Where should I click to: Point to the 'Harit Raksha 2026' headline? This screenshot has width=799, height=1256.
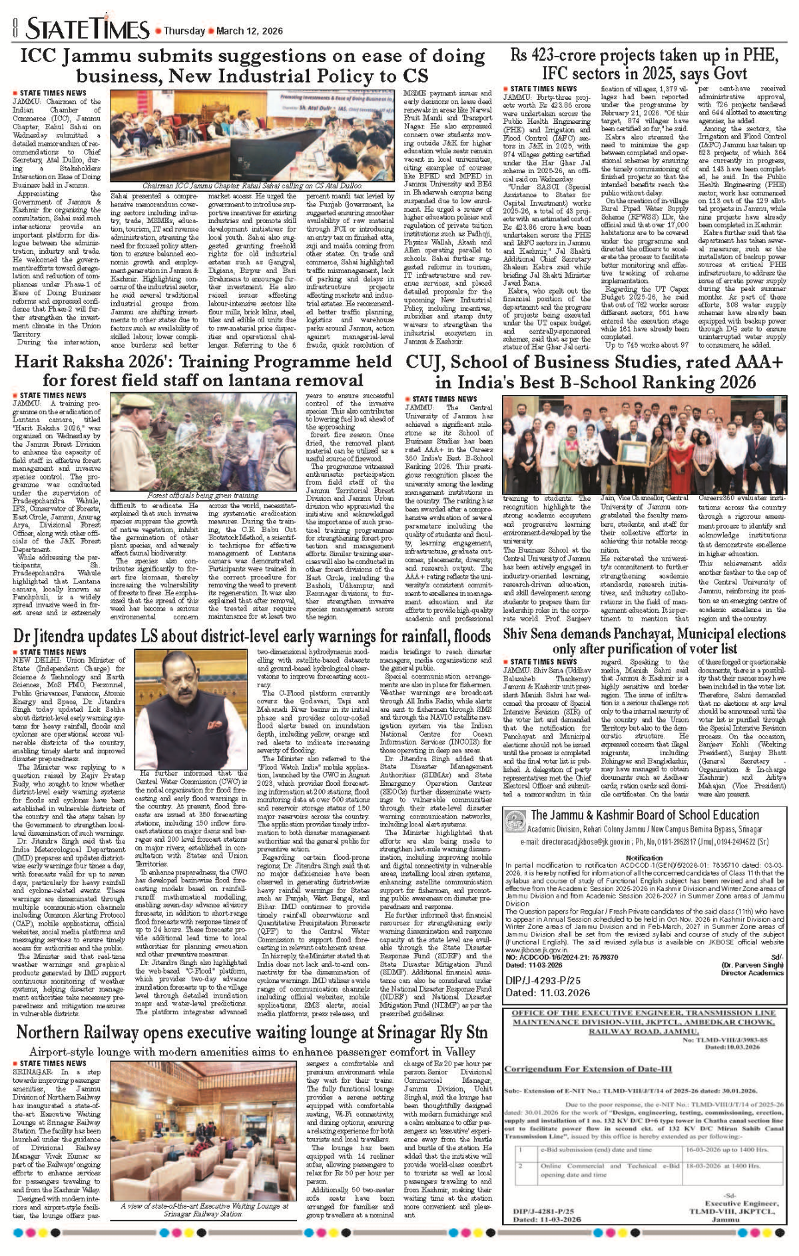coord(203,371)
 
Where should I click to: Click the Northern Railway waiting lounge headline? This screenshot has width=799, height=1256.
coord(252,1033)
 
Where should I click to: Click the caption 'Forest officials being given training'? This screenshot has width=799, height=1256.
coord(203,495)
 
